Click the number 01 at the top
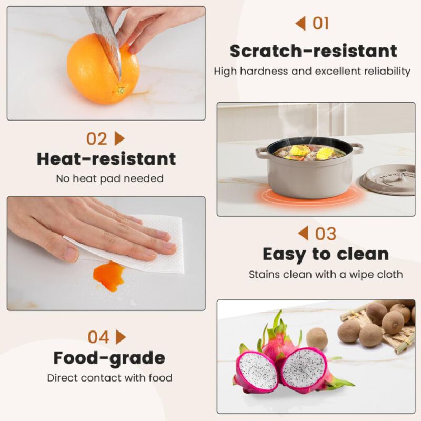click(320, 24)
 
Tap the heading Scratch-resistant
click(313, 51)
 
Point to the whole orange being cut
click(103, 69)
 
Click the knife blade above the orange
click(105, 37)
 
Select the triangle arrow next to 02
click(119, 138)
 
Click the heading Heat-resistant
click(106, 159)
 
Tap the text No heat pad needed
click(109, 178)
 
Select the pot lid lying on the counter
click(388, 181)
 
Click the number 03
click(326, 234)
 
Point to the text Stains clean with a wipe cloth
click(326, 275)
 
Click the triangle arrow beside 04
click(121, 337)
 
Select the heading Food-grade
click(109, 358)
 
